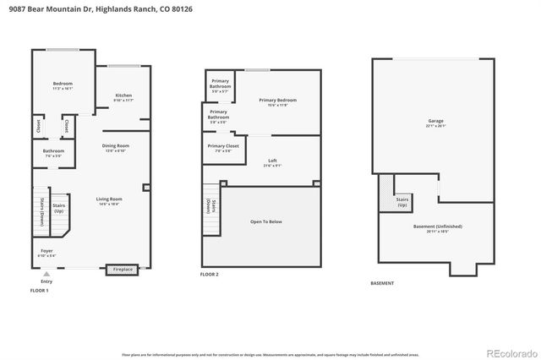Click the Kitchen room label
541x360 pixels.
(123, 95)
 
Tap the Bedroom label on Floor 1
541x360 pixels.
(63, 84)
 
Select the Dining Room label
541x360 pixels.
(115, 146)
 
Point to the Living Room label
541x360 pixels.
(109, 199)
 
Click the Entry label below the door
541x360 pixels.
(46, 281)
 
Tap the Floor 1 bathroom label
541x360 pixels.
(53, 152)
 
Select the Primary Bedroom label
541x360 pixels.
(277, 101)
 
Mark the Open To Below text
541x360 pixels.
(266, 221)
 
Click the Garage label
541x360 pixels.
(435, 122)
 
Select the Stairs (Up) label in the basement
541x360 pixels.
(402, 201)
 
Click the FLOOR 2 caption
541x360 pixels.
(209, 275)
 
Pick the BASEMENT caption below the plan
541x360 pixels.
(382, 283)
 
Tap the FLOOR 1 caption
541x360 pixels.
(39, 290)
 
